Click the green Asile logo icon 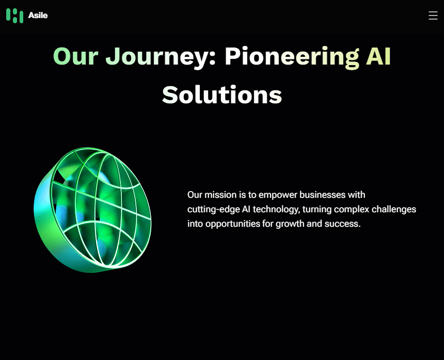pyautogui.click(x=15, y=15)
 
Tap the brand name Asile pyautogui.click(x=38, y=15)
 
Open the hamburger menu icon pyautogui.click(x=433, y=15)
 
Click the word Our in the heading pyautogui.click(x=75, y=56)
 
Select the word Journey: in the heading pyautogui.click(x=161, y=58)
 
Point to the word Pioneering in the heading pyautogui.click(x=292, y=58)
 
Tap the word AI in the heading pyautogui.click(x=378, y=56)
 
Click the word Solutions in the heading pyautogui.click(x=222, y=95)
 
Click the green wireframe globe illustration pyautogui.click(x=92, y=210)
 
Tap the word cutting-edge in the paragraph pyautogui.click(x=214, y=210)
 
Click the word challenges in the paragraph pyautogui.click(x=394, y=209)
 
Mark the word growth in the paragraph pyautogui.click(x=290, y=224)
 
